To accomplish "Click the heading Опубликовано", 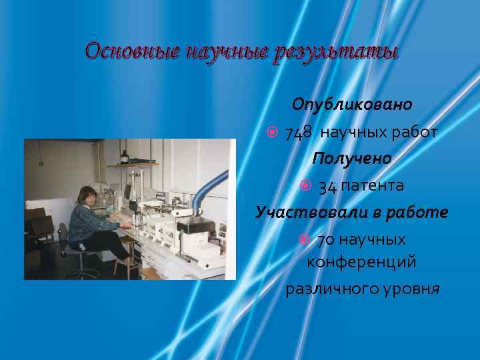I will [352, 105].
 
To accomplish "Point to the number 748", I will [299, 133].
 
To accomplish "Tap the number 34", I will [327, 185].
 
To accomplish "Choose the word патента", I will [372, 185].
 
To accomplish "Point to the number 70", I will [325, 239].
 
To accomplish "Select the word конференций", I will [361, 262].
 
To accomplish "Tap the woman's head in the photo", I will [86, 195].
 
